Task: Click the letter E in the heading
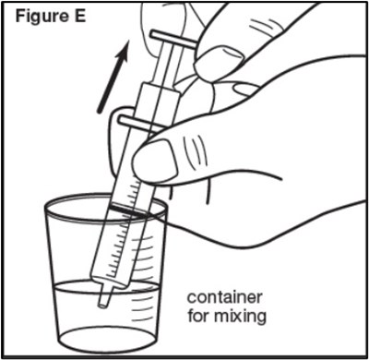coord(79,16)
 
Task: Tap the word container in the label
coord(225,297)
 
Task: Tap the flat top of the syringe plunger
coord(173,39)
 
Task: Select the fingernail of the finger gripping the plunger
coord(219,61)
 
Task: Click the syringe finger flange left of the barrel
coord(136,123)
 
